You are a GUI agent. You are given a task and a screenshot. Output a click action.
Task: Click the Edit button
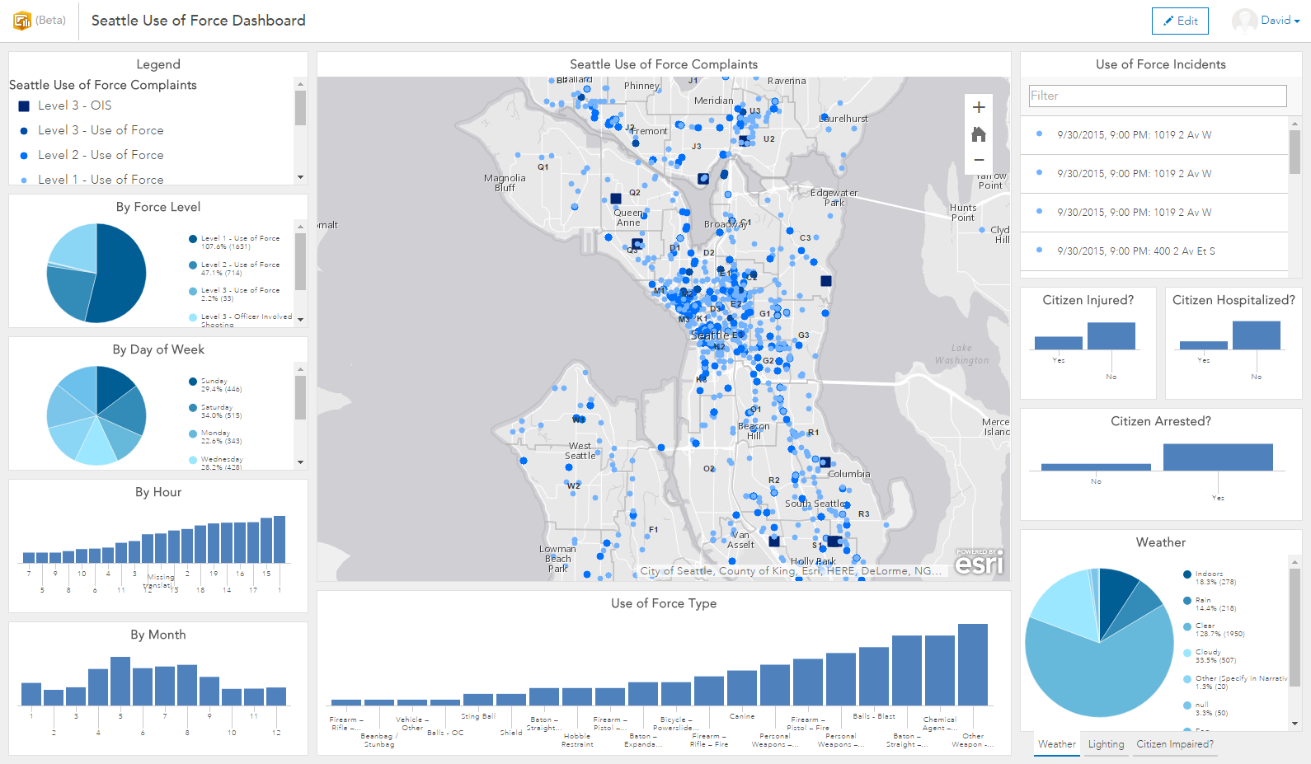click(x=1180, y=21)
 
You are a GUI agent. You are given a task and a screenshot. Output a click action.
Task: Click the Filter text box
click(x=1157, y=96)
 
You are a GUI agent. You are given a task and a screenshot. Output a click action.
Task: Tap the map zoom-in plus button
click(x=979, y=107)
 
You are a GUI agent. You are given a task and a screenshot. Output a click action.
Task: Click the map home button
click(x=979, y=134)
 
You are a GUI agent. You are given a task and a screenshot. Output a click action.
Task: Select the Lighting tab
click(x=1106, y=744)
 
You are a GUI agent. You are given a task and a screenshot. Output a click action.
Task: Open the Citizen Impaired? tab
click(x=1174, y=744)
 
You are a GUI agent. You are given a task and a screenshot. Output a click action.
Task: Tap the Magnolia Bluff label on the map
click(x=505, y=183)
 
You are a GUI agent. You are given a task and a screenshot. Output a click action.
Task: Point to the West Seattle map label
click(x=580, y=451)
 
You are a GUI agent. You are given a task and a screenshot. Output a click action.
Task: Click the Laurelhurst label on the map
click(x=844, y=119)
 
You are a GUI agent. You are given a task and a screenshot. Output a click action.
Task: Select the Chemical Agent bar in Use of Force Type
click(x=940, y=670)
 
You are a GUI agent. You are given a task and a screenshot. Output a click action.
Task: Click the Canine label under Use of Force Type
click(x=742, y=716)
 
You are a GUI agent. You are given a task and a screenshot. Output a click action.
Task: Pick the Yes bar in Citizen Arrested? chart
click(x=1218, y=457)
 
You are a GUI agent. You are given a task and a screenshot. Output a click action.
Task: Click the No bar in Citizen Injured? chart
click(x=1111, y=336)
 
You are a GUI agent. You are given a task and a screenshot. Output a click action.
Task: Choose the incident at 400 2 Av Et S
click(x=1135, y=251)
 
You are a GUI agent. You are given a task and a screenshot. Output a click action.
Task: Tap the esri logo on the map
click(x=979, y=564)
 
